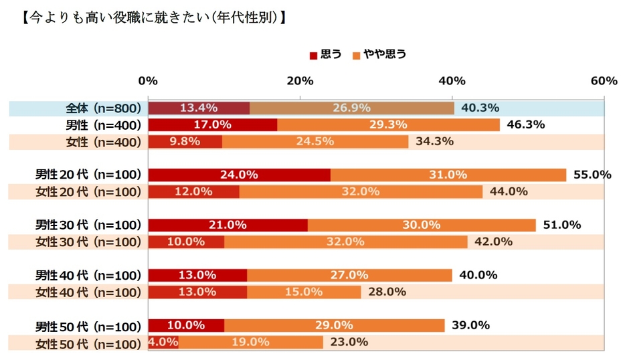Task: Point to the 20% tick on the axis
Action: point(300,81)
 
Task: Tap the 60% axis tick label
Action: point(604,81)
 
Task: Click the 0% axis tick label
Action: point(148,81)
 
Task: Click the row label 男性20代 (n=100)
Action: point(88,175)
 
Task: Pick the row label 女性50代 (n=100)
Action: point(88,343)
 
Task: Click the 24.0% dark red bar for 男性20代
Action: point(239,175)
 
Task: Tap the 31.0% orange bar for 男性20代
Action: point(448,175)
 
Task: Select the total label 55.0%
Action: point(592,175)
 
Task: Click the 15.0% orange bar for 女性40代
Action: point(304,292)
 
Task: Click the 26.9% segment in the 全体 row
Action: point(352,108)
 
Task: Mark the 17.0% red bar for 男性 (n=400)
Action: point(212,124)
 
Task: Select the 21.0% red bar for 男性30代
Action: point(228,225)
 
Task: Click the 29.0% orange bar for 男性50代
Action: point(334,326)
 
